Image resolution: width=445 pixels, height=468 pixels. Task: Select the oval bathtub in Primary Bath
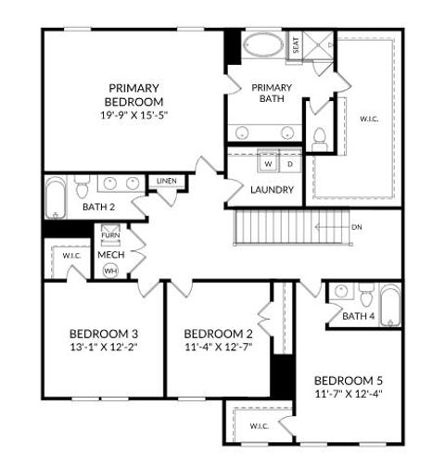(x=265, y=45)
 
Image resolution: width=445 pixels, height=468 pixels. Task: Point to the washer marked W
(x=268, y=163)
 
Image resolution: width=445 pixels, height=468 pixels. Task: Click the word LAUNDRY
(x=273, y=190)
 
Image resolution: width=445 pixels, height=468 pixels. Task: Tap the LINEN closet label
(x=167, y=181)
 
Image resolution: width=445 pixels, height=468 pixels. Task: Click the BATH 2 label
(x=98, y=207)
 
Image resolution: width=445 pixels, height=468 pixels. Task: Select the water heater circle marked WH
(x=110, y=271)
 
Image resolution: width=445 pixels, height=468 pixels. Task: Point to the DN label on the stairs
(x=356, y=227)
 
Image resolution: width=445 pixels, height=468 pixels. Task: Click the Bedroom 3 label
(x=104, y=334)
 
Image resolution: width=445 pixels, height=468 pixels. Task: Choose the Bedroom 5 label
(x=349, y=380)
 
